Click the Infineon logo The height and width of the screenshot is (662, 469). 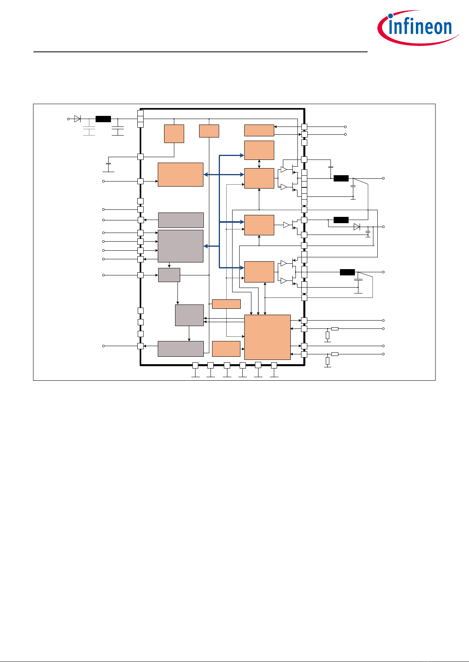point(418,28)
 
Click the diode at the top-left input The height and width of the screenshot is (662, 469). point(78,119)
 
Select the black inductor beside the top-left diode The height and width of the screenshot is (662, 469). point(103,119)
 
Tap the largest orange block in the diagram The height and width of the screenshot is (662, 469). point(268,337)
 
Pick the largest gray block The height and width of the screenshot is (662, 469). point(181,246)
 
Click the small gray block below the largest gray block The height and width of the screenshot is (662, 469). point(169,275)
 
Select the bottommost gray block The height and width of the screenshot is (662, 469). point(181,349)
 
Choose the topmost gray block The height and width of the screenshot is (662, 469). point(181,220)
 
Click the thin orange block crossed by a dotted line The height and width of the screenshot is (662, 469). point(226,304)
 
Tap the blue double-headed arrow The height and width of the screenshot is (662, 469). point(224,175)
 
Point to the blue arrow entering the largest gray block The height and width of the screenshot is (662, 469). point(211,246)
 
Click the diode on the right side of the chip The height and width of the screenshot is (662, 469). point(357,227)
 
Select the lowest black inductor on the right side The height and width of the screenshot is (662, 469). point(347,272)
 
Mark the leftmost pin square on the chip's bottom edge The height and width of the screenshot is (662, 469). point(195,365)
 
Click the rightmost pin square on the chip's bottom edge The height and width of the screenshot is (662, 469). point(274,365)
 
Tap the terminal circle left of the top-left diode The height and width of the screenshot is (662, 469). point(68,119)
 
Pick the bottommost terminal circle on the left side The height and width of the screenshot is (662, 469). point(103,346)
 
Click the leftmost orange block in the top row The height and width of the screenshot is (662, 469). point(174,134)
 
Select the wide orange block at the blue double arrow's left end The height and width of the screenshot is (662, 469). point(181,175)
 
